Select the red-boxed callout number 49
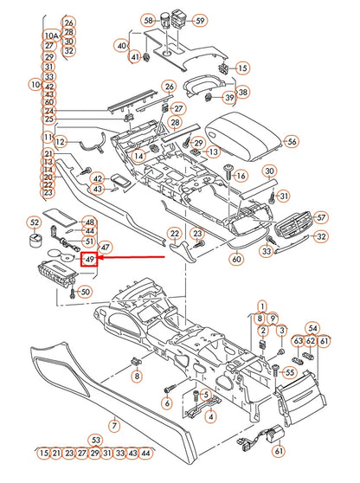tap(89, 258)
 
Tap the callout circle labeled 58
tap(148, 20)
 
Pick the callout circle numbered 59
tap(200, 20)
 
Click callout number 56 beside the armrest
tap(291, 141)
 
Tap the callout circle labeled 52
tap(35, 222)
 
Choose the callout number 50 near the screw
tap(84, 291)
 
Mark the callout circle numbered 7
tap(113, 426)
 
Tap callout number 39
tap(229, 99)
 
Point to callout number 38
tap(242, 92)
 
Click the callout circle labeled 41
tap(134, 57)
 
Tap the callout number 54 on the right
tap(313, 328)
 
